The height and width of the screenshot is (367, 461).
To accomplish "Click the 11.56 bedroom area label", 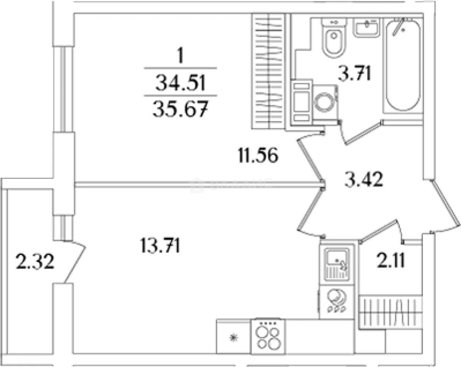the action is [x=258, y=155].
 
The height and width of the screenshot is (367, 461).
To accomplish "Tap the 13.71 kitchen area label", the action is [x=160, y=245].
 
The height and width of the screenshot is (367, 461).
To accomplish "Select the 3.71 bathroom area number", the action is [x=354, y=73].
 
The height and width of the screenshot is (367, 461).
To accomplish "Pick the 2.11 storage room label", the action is [x=391, y=260].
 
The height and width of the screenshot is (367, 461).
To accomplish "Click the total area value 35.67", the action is [x=181, y=109].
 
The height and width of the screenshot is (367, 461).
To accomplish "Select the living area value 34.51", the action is [x=181, y=82].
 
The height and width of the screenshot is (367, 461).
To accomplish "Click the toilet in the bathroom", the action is [x=334, y=38].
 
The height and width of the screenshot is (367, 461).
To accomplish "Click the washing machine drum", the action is [x=324, y=102].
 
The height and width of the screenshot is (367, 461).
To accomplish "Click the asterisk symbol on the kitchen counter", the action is [x=233, y=338].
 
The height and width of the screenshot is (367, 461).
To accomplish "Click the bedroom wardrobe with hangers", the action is [x=269, y=71].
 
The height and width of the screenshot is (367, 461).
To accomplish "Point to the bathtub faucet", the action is [x=399, y=27].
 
